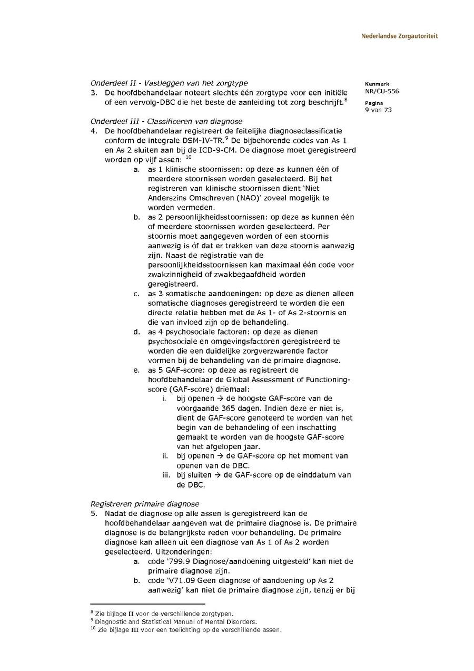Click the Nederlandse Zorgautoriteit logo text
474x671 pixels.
(x=399, y=36)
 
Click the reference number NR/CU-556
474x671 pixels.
(x=381, y=91)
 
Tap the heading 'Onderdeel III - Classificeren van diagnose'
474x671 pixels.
(x=166, y=121)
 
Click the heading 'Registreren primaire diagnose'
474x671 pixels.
(x=145, y=504)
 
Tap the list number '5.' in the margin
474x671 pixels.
(x=94, y=513)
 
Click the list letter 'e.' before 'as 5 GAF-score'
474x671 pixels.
(x=136, y=370)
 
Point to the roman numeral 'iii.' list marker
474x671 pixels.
(x=165, y=475)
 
